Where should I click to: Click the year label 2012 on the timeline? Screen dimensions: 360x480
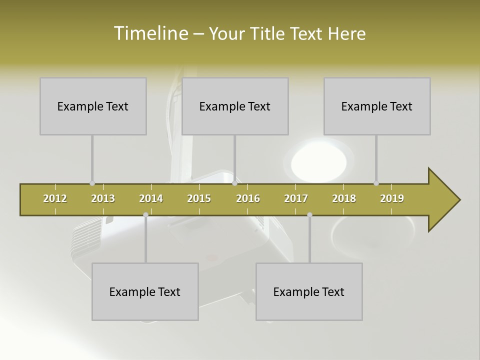(x=55, y=198)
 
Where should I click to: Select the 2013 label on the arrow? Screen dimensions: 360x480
(x=103, y=198)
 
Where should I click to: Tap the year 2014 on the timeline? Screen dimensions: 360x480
(x=151, y=198)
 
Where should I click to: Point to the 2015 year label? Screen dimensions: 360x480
(x=199, y=198)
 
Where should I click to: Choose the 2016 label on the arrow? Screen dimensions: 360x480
(x=248, y=198)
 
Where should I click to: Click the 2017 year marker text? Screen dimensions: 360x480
(x=296, y=198)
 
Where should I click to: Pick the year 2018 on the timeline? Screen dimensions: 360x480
(x=344, y=198)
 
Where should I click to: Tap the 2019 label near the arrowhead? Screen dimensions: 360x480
(x=392, y=198)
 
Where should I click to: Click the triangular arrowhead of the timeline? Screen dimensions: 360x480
(x=442, y=200)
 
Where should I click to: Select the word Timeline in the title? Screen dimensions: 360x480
(x=150, y=33)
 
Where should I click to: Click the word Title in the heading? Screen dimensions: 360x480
(x=267, y=33)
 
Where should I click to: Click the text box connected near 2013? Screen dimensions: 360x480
(x=93, y=106)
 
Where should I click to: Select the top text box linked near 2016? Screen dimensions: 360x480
(x=235, y=106)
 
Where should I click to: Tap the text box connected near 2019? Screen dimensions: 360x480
(x=377, y=106)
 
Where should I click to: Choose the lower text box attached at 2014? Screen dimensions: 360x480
(x=145, y=291)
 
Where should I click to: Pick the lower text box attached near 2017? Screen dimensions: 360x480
(x=309, y=291)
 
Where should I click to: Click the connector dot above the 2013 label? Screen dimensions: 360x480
(x=92, y=183)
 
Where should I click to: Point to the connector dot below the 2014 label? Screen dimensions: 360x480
(x=145, y=214)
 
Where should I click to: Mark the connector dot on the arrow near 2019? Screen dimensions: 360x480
(x=376, y=183)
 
